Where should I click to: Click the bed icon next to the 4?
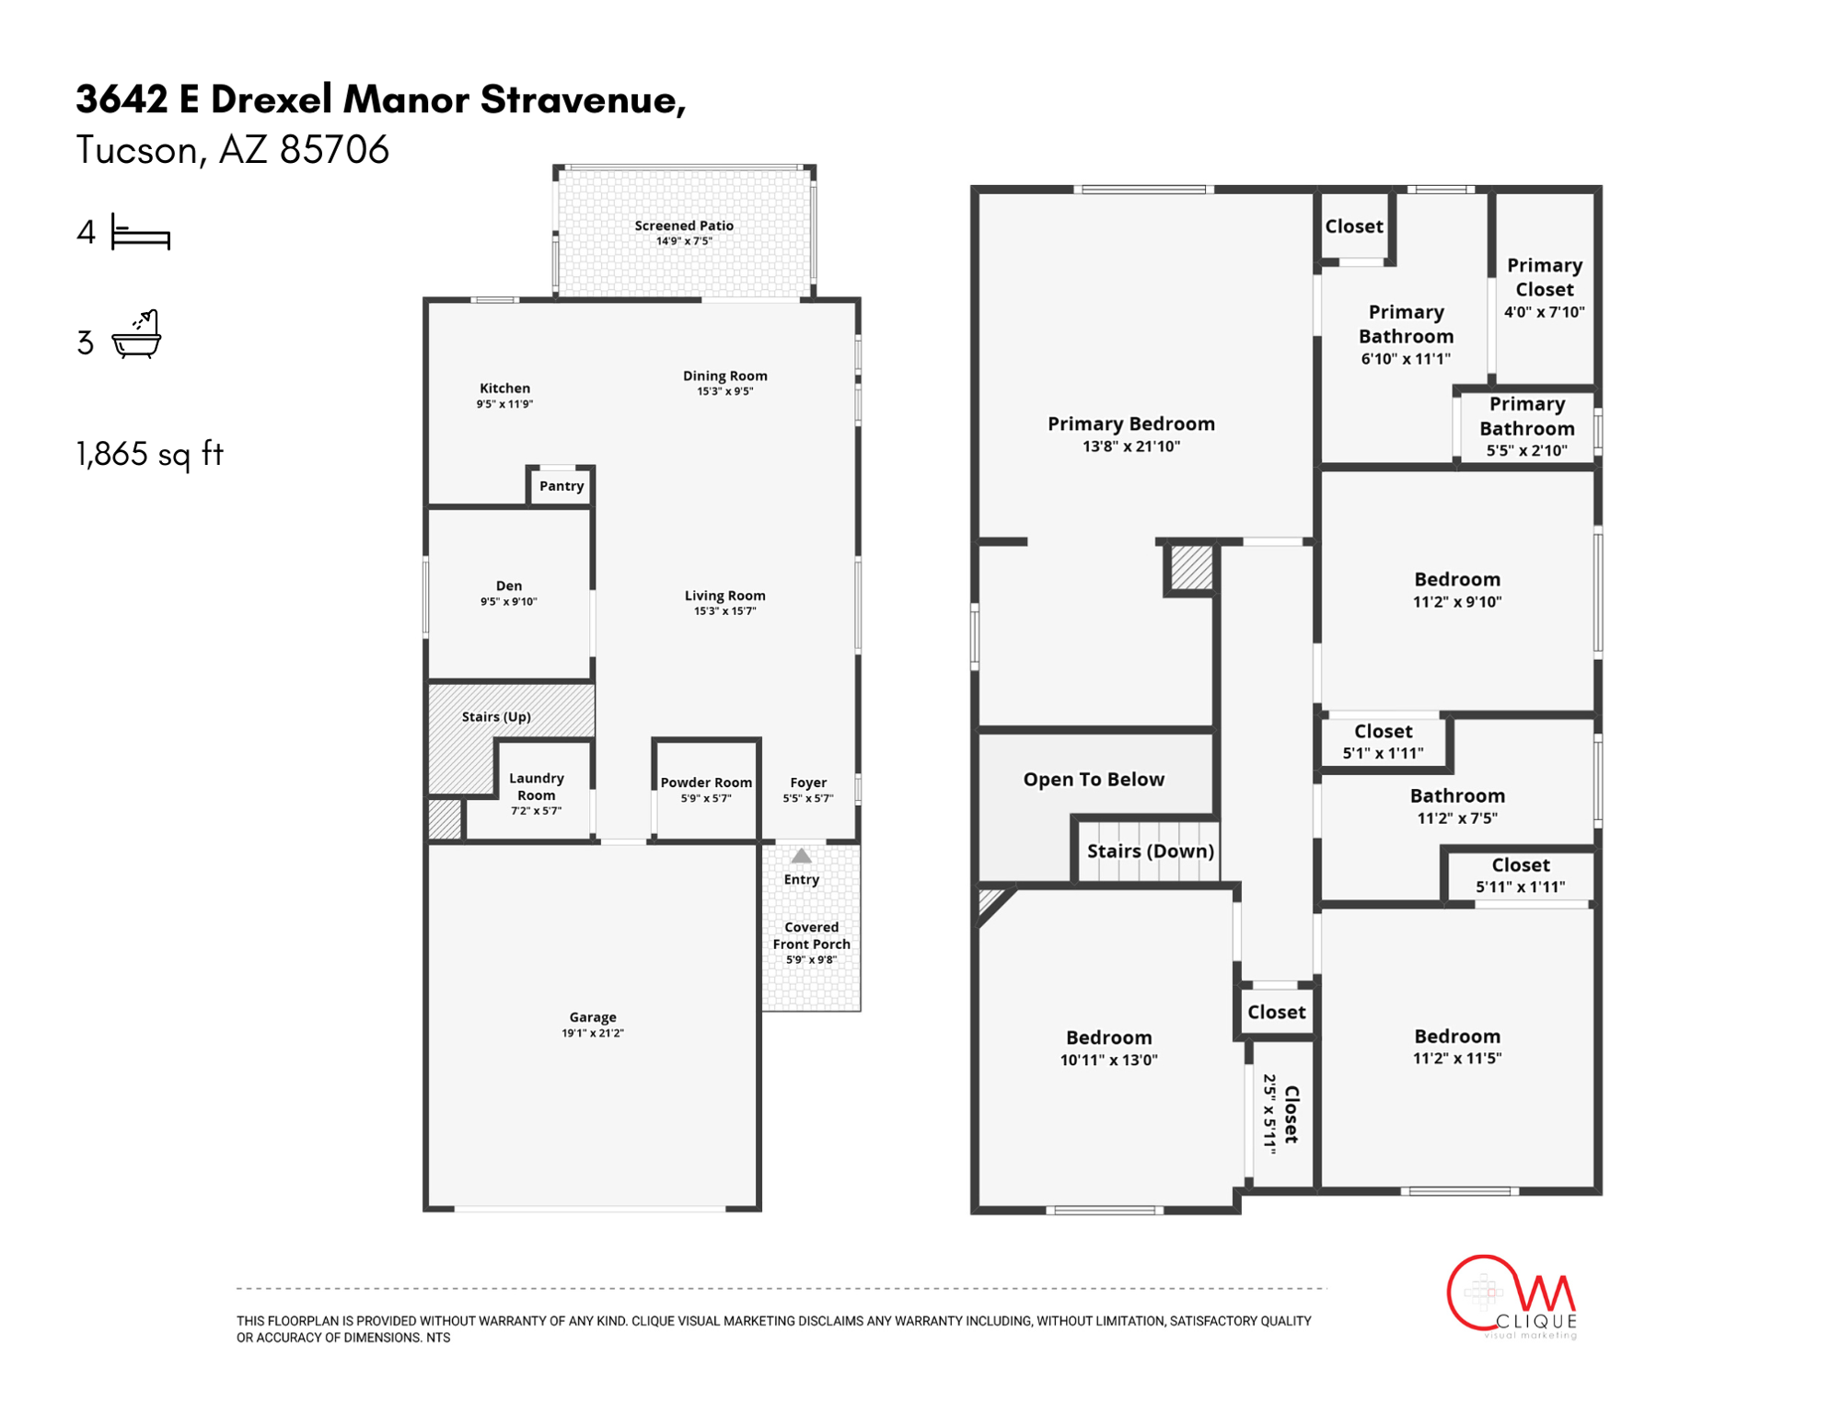[141, 233]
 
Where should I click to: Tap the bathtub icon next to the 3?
[136, 335]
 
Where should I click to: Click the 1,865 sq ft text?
[150, 454]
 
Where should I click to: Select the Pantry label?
[562, 486]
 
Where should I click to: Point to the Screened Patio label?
[684, 226]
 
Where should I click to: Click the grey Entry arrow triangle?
[802, 856]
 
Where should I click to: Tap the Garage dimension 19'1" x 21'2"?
[593, 1033]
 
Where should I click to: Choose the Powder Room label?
[706, 782]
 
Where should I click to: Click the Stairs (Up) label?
[496, 716]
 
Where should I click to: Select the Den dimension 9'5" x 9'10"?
[508, 601]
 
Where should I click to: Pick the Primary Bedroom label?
[1131, 423]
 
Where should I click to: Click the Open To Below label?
[1094, 779]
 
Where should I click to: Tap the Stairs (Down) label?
[1151, 851]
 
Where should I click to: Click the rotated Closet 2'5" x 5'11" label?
[1280, 1114]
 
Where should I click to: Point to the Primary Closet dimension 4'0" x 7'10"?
[1545, 312]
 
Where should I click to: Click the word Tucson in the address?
[137, 150]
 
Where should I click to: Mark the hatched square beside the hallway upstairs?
[1192, 568]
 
